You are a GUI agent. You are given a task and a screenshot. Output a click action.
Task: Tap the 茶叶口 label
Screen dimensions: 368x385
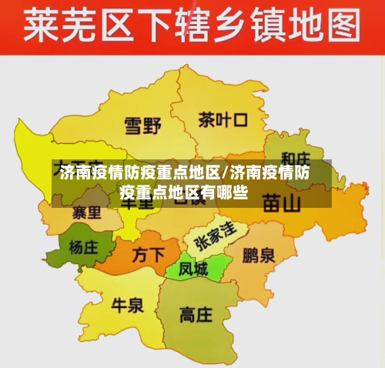pos(223,120)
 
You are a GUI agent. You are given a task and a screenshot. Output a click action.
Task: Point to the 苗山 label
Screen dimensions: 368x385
pos(282,203)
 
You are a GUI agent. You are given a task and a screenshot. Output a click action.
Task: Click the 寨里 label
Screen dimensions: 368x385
pos(86,210)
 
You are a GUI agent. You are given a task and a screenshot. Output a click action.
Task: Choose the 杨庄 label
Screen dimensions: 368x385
pos(83,248)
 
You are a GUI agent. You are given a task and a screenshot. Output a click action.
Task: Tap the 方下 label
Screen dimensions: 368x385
pos(148,254)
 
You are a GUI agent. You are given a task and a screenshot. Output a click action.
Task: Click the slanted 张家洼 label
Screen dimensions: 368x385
pos(215,234)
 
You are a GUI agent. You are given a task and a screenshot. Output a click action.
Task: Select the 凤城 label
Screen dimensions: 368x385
pos(192,269)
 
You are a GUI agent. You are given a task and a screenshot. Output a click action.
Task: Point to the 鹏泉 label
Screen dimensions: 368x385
pos(259,255)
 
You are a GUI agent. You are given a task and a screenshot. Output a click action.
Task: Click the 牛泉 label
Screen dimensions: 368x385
pos(128,306)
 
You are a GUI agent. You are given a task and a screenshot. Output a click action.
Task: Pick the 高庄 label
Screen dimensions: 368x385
pos(196,315)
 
